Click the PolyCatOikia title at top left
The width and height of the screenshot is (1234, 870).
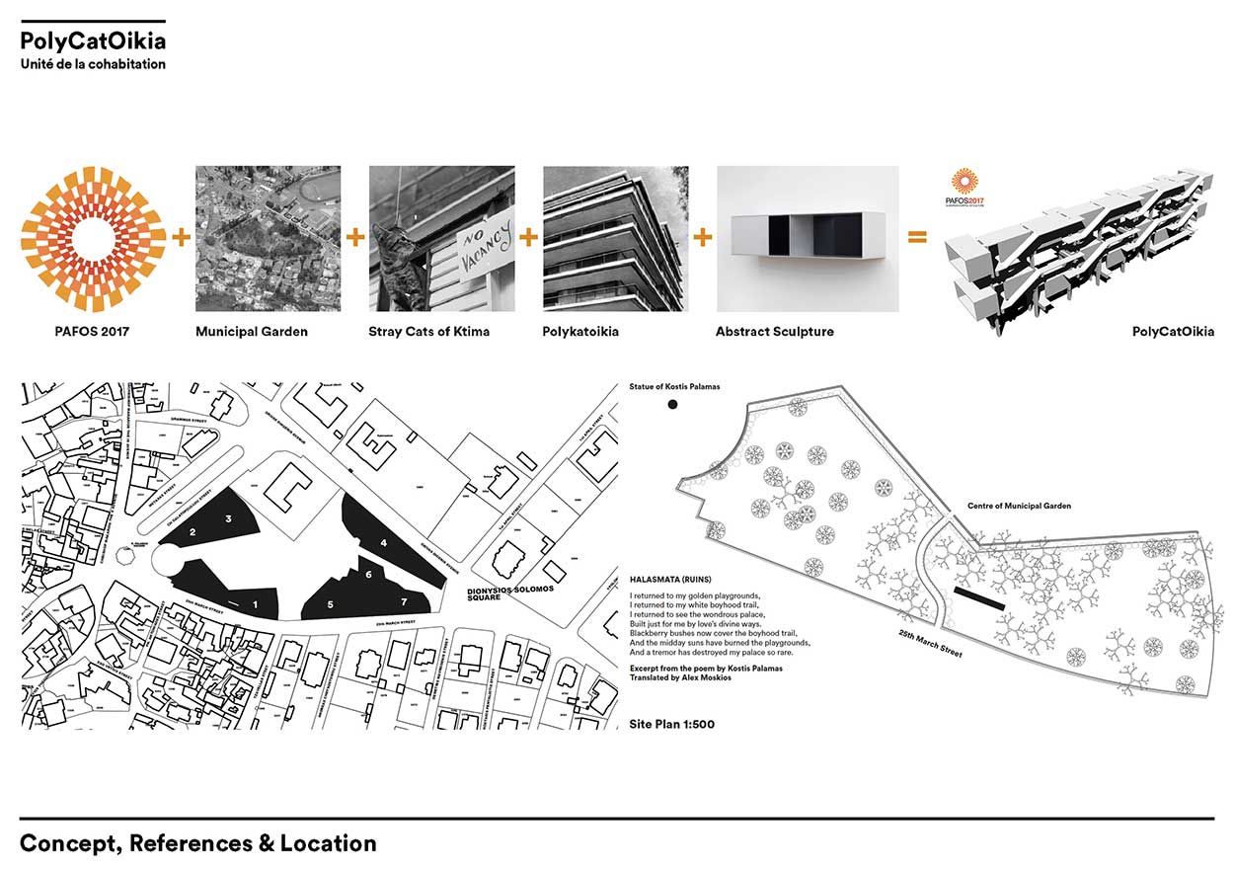pos(93,41)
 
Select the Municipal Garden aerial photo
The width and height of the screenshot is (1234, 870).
pos(268,238)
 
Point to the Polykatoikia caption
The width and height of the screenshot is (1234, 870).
pos(580,332)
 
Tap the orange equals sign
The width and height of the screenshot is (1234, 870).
pos(917,237)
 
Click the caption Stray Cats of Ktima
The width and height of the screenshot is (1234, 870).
pos(429,332)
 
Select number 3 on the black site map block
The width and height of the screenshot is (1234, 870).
pos(228,518)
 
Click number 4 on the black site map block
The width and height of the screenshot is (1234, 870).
pos(384,542)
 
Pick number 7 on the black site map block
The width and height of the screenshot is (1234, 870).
pos(404,600)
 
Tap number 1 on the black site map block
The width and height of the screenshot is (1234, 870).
pos(255,602)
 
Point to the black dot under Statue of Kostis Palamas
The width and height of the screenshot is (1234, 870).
pos(672,405)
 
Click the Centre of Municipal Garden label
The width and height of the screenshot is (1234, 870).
pos(1019,507)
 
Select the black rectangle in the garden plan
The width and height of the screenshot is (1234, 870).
pos(980,598)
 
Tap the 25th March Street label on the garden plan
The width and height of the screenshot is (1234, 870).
pos(930,644)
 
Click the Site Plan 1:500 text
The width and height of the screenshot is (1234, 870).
pos(671,724)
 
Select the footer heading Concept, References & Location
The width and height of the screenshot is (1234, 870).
pos(197,844)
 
